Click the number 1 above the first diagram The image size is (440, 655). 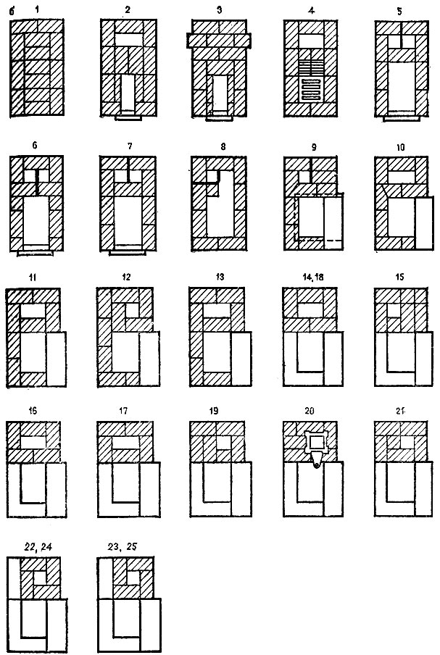click(x=37, y=9)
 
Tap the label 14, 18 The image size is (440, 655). click(x=312, y=277)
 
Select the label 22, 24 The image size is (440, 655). click(x=37, y=547)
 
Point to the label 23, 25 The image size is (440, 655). click(x=122, y=546)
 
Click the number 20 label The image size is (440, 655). click(x=310, y=411)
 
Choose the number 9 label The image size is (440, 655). click(x=314, y=147)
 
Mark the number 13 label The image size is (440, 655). click(x=220, y=277)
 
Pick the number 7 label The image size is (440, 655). click(x=130, y=146)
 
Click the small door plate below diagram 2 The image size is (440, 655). click(x=128, y=118)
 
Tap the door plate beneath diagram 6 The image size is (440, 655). click(x=35, y=253)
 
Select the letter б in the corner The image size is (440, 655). click(x=12, y=12)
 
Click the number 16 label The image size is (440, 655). click(x=32, y=411)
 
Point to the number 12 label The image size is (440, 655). click(x=126, y=277)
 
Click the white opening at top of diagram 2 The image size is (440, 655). click(x=129, y=40)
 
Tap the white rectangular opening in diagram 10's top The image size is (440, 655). click(x=401, y=177)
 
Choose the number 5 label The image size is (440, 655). click(x=399, y=12)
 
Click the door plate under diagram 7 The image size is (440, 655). click(x=128, y=253)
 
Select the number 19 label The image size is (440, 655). click(x=214, y=411)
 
